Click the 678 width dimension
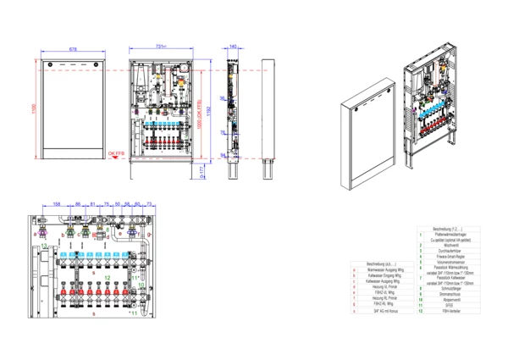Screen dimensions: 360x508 pos(72,50)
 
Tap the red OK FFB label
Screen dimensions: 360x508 pos(116,153)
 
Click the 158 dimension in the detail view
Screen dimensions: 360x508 pos(57,204)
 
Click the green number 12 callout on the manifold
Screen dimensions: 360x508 pos(108,278)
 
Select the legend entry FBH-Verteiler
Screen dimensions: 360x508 pos(444,312)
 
